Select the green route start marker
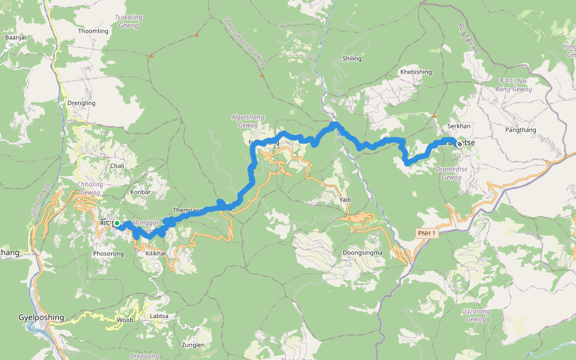click(118, 223)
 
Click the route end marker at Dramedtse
click(460, 143)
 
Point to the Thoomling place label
click(93, 31)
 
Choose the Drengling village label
click(82, 103)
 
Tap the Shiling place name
click(352, 59)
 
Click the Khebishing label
click(416, 72)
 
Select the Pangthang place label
click(520, 130)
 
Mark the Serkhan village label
click(459, 127)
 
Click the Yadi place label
click(344, 200)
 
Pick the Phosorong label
click(108, 254)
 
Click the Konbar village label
click(140, 192)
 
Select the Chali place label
click(117, 166)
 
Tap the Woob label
click(125, 320)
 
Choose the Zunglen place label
click(193, 345)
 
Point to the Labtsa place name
click(159, 316)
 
